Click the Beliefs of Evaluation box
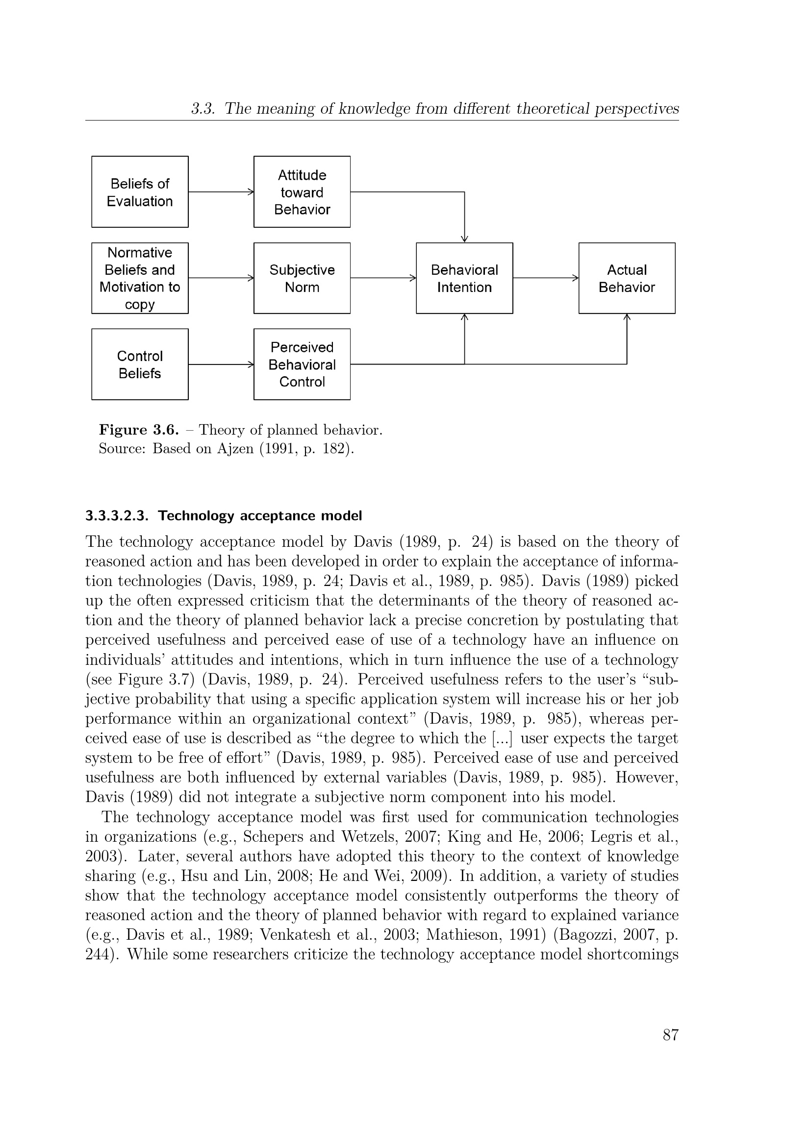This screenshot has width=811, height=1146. pyautogui.click(x=140, y=192)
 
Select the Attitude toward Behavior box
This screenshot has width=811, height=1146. pyautogui.click(x=302, y=192)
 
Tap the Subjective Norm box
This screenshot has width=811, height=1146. pyautogui.click(x=302, y=278)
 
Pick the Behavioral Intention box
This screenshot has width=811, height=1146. pyautogui.click(x=464, y=278)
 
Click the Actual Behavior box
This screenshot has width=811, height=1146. pyautogui.click(x=627, y=278)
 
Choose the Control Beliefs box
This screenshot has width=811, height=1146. pyautogui.click(x=140, y=365)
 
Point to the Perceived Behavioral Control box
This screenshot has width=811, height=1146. pyautogui.click(x=302, y=365)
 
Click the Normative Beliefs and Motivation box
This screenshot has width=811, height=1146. pyautogui.click(x=140, y=278)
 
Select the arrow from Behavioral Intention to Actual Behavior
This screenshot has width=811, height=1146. pyautogui.click(x=545, y=278)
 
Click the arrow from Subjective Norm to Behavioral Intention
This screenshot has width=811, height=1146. pyautogui.click(x=383, y=278)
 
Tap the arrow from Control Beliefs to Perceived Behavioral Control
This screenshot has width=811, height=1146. pyautogui.click(x=221, y=365)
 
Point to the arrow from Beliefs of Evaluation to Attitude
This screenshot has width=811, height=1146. pyautogui.click(x=221, y=192)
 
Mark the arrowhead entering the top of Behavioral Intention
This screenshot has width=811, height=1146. pyautogui.click(x=464, y=239)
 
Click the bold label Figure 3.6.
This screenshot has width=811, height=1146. pyautogui.click(x=139, y=430)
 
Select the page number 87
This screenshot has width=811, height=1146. pyautogui.click(x=671, y=1036)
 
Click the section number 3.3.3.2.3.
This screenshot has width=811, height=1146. pyautogui.click(x=117, y=515)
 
